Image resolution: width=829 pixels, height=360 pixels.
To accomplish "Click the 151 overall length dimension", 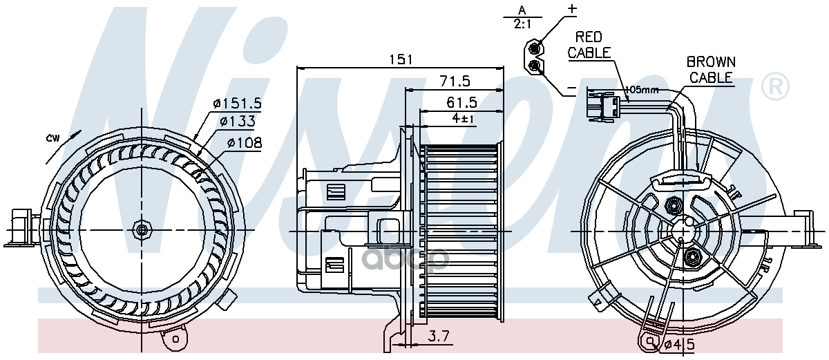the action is click(x=401, y=59).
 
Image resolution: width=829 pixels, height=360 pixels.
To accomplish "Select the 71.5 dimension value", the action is click(x=455, y=81).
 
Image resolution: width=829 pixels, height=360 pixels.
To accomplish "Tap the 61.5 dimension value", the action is click(x=461, y=102).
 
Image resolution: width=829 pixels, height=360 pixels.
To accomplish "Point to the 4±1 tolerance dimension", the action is click(x=463, y=118).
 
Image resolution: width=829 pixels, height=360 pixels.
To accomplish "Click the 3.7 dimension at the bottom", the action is click(x=439, y=337).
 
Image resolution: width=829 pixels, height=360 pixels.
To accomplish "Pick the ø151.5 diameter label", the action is click(x=237, y=103).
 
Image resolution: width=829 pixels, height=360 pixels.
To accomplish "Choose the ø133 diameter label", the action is click(x=237, y=121).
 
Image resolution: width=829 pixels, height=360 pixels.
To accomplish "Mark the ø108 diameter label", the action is click(x=245, y=142).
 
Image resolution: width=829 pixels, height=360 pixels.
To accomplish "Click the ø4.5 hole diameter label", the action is click(x=680, y=345).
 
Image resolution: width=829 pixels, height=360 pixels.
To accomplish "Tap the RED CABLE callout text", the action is click(x=589, y=45).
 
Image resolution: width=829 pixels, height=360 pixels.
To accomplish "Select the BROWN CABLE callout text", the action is click(x=711, y=70).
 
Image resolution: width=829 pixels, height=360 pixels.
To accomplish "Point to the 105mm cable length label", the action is click(x=642, y=90).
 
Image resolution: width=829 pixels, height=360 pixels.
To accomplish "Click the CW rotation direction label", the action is click(x=53, y=138).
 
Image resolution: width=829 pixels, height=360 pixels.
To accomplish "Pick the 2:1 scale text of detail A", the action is click(x=522, y=24).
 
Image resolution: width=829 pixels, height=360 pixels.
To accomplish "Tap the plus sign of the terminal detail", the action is click(x=572, y=9).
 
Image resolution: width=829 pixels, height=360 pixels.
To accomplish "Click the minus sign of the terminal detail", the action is click(x=572, y=88).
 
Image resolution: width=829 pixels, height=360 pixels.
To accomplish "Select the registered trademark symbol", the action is click(x=775, y=86).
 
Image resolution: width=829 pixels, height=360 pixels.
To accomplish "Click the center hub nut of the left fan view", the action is click(x=142, y=230).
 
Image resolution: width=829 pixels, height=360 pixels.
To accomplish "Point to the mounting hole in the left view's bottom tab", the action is click(x=175, y=339).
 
